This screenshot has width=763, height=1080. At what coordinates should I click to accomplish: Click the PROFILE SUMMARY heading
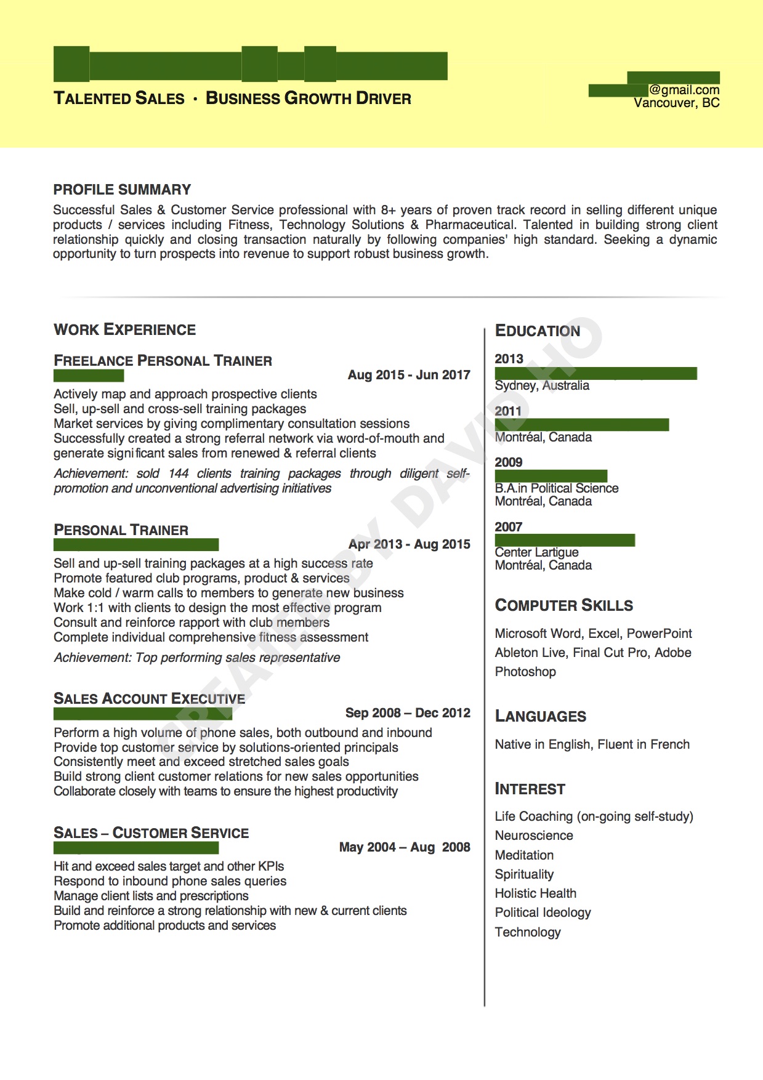click(x=122, y=190)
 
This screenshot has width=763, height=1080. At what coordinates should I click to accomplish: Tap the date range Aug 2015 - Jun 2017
click(x=409, y=375)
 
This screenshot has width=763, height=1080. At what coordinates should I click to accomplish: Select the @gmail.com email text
click(x=684, y=90)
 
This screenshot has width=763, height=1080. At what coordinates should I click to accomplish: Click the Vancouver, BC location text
click(x=676, y=103)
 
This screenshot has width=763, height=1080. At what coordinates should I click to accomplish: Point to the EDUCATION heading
click(x=537, y=331)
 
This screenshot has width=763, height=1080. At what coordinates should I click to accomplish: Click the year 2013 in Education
click(x=509, y=359)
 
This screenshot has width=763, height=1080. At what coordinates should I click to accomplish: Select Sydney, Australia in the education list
click(x=542, y=385)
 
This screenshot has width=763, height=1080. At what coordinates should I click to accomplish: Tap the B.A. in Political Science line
click(x=556, y=488)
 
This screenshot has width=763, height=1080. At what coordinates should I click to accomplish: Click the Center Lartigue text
click(x=536, y=552)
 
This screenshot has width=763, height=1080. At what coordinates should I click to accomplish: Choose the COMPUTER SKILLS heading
click(x=563, y=605)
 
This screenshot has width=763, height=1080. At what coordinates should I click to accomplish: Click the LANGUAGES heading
click(x=540, y=716)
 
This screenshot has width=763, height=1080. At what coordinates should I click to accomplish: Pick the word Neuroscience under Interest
click(x=533, y=836)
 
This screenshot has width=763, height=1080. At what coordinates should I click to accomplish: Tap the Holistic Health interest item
click(x=535, y=893)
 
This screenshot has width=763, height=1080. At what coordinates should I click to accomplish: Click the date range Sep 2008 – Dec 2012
click(x=408, y=713)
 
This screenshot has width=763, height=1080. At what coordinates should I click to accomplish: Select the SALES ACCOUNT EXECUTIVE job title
click(x=149, y=699)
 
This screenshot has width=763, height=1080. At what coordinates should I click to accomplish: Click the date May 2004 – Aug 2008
click(x=405, y=847)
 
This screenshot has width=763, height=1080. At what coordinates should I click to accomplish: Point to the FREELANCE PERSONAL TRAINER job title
click(x=163, y=361)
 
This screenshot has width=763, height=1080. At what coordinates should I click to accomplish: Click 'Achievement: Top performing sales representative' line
click(x=196, y=658)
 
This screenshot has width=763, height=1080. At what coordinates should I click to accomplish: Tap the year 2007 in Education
click(x=508, y=527)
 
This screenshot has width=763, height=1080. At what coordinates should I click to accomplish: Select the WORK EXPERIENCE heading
click(x=124, y=329)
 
